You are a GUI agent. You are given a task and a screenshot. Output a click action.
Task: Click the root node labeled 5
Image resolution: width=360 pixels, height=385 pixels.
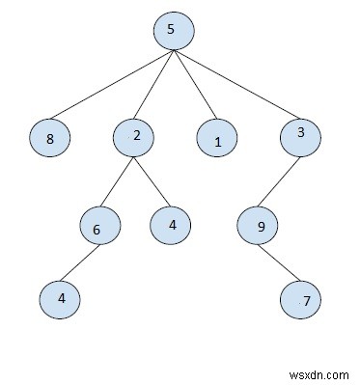click(173, 30)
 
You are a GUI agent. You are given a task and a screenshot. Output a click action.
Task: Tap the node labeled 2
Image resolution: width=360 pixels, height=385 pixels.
click(135, 137)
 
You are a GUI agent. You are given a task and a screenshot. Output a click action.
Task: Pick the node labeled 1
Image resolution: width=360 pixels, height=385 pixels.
click(217, 141)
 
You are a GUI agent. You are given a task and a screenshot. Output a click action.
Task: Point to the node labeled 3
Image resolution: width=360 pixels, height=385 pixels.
click(301, 137)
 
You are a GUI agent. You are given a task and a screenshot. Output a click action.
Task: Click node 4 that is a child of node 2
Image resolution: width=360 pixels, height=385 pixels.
click(171, 225)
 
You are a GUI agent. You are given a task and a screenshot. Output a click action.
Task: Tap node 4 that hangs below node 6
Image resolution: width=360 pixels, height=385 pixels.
click(60, 298)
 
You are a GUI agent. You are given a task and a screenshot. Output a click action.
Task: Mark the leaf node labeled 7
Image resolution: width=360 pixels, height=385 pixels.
click(303, 301)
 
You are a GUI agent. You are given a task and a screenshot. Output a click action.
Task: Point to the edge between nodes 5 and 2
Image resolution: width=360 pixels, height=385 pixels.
click(155, 83)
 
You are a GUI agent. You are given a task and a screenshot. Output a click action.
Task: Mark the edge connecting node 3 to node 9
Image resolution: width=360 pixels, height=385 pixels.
click(280, 180)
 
